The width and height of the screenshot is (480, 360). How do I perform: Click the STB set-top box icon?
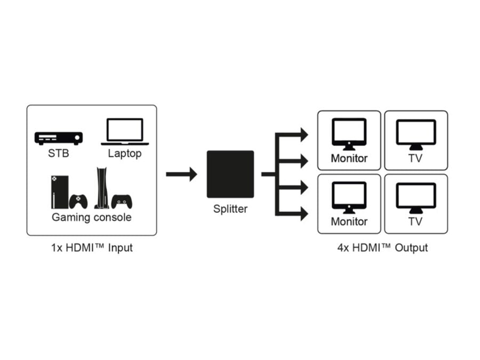(x=59, y=138)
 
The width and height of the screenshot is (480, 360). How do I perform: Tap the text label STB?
(x=59, y=153)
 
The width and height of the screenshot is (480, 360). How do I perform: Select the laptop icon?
(x=125, y=132)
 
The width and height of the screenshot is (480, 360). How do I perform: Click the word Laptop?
(x=125, y=154)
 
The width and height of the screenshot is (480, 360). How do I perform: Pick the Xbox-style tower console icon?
(x=60, y=192)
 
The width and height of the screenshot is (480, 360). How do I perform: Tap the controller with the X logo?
(x=78, y=202)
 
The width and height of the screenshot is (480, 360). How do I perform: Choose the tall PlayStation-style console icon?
(x=101, y=188)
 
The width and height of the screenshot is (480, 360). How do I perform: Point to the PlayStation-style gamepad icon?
(x=122, y=202)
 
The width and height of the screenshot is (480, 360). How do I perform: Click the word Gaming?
(x=71, y=218)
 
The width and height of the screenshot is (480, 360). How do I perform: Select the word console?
(x=113, y=218)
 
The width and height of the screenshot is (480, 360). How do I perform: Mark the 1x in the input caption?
(x=57, y=247)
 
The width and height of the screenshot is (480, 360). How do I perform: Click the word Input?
(x=121, y=248)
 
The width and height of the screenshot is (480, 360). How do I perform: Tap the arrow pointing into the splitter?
(x=181, y=174)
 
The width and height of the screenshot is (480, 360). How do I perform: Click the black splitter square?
(x=230, y=174)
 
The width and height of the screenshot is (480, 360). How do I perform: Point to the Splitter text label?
(x=230, y=209)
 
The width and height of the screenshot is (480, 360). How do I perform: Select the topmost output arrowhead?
(x=304, y=135)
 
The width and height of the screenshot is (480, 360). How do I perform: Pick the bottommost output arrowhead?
(x=304, y=214)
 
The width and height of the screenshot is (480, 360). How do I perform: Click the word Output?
(x=411, y=247)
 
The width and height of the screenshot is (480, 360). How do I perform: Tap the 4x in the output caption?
(x=343, y=247)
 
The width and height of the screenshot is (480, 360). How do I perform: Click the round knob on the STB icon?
(x=77, y=138)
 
